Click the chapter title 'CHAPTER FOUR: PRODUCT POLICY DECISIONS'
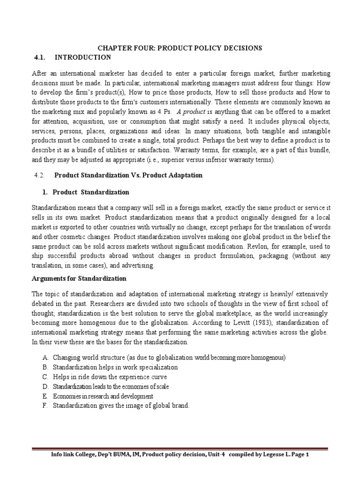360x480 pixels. [180, 48]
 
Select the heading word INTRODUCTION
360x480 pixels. [83, 57]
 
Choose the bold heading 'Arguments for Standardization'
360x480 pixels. [79, 278]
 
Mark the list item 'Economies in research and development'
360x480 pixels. [103, 397]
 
